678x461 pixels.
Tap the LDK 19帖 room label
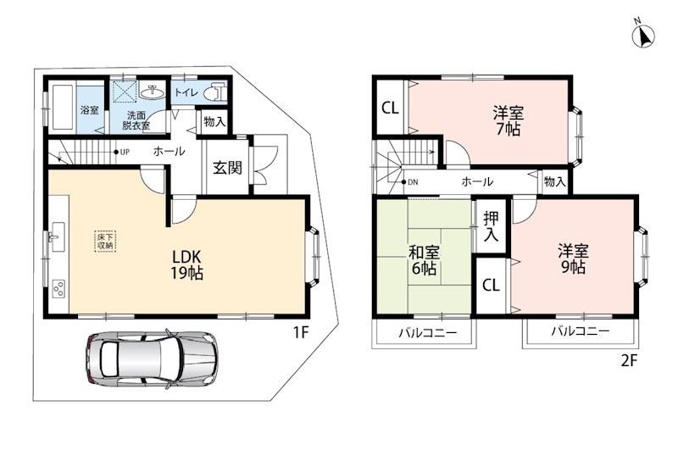point(187,264)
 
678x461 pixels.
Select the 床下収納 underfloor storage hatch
point(105,242)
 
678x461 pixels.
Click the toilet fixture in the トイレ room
point(216,92)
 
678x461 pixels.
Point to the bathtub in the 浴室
point(63,107)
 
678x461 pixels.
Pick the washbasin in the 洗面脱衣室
point(152,92)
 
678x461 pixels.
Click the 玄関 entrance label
point(227,168)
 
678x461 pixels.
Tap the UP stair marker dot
point(116,152)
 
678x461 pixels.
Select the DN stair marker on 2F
point(410,182)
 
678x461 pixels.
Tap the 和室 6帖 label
point(425,260)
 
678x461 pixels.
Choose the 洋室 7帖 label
point(508,121)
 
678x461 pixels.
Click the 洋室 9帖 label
point(574,258)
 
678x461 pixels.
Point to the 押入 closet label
point(492,226)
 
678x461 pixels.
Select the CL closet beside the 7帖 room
point(390,108)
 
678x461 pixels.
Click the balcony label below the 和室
point(427,333)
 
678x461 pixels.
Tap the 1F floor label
point(301,333)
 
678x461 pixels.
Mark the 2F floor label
point(630,360)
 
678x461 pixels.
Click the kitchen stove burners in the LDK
point(58,289)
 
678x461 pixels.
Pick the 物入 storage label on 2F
point(555,181)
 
